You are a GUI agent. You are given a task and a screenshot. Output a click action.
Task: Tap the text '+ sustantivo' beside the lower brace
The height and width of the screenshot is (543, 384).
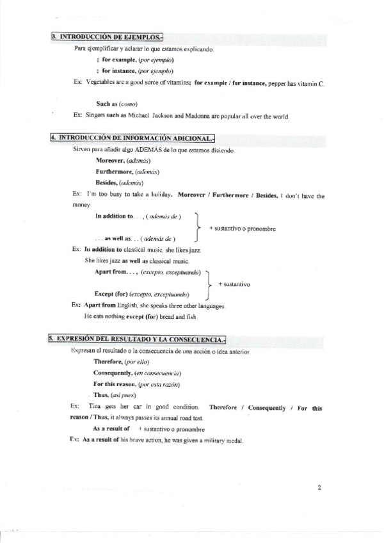tap(234, 284)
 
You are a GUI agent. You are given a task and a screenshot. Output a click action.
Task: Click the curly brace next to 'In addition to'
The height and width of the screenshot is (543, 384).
tap(196, 227)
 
